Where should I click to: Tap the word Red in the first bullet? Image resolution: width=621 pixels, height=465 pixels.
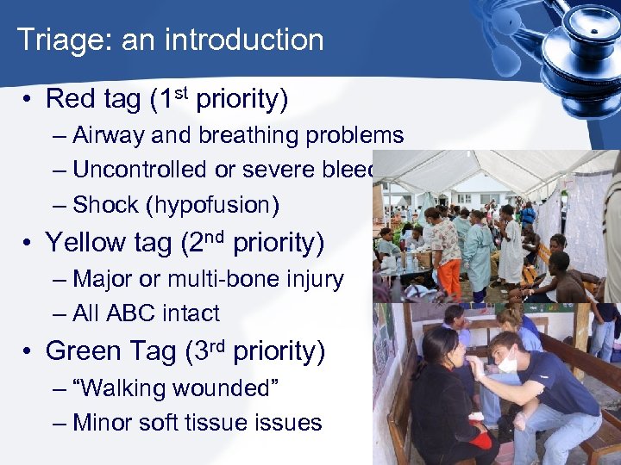(68, 100)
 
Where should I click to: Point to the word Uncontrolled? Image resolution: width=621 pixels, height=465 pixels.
(141, 170)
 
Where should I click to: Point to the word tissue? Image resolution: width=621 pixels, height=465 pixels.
(225, 423)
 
